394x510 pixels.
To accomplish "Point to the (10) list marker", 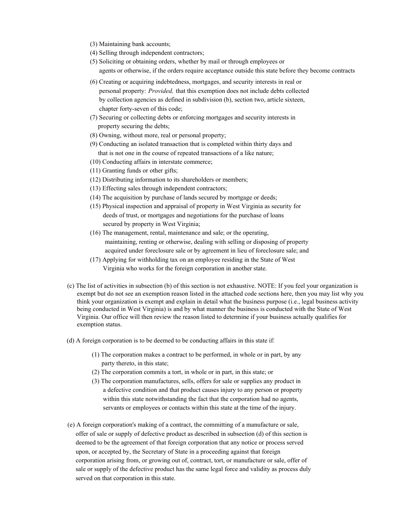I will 95,162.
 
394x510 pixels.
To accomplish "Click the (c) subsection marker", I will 71,286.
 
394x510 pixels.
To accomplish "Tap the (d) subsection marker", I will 71,340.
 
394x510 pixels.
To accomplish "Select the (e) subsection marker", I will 71,425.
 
